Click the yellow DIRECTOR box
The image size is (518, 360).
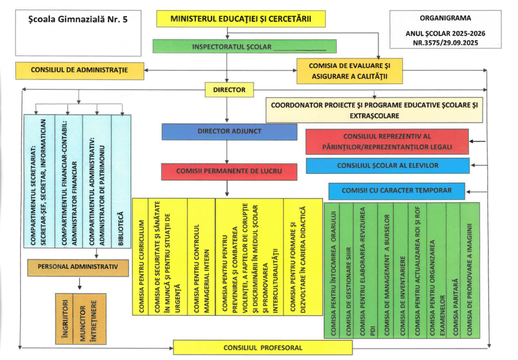coord(229,90)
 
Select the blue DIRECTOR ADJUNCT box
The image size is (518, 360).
coord(229,131)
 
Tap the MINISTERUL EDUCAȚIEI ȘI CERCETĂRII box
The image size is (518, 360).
coord(240,19)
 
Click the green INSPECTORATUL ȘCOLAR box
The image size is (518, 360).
coord(244,47)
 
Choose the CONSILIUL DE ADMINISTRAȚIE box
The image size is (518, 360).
coord(79,70)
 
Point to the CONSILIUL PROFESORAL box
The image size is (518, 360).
coord(263,347)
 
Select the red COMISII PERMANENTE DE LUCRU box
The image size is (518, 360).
coord(229,171)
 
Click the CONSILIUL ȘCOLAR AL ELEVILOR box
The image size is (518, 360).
coord(387,165)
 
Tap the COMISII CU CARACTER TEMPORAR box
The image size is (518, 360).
coord(397,191)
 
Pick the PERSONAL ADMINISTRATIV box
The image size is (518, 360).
coord(78,266)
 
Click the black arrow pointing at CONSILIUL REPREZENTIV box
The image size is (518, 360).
coord(477,142)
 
